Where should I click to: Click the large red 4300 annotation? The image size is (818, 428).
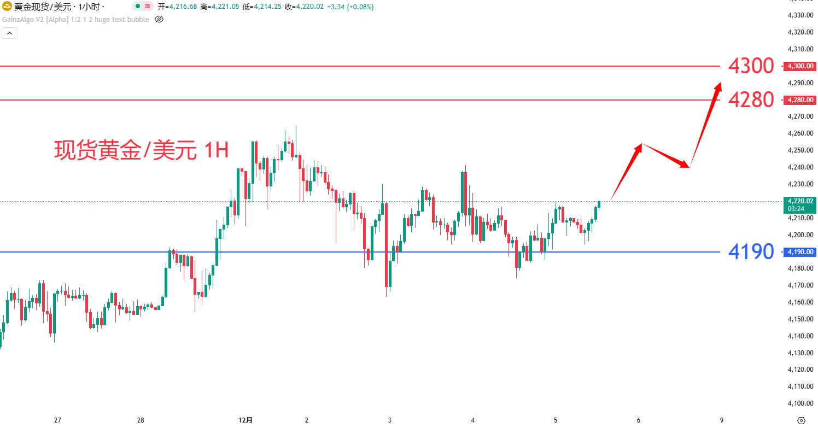pyautogui.click(x=751, y=66)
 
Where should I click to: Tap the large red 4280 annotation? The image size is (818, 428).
pyautogui.click(x=751, y=100)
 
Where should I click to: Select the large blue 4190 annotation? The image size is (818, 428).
pyautogui.click(x=751, y=251)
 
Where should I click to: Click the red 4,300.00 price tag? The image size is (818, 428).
pyautogui.click(x=800, y=66)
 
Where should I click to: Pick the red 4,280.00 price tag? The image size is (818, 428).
pyautogui.click(x=800, y=100)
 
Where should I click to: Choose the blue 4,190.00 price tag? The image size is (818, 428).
pyautogui.click(x=800, y=252)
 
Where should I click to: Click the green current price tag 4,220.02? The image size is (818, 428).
pyautogui.click(x=800, y=204)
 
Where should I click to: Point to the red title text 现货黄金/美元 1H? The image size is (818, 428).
pyautogui.click(x=141, y=150)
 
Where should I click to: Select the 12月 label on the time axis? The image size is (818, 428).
pyautogui.click(x=246, y=420)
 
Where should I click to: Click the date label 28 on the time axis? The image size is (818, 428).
pyautogui.click(x=141, y=420)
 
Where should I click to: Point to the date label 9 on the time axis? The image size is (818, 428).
pyautogui.click(x=722, y=420)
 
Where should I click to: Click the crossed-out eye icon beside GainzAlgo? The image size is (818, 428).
pyautogui.click(x=159, y=19)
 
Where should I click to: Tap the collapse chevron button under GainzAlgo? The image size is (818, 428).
pyautogui.click(x=10, y=33)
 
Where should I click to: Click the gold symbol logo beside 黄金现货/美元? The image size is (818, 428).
pyautogui.click(x=7, y=7)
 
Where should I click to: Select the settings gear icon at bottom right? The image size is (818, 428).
pyautogui.click(x=801, y=420)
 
